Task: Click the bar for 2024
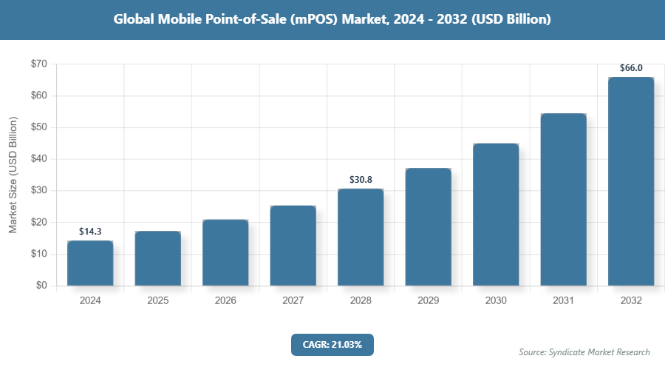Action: click(90, 263)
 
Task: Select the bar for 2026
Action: click(225, 253)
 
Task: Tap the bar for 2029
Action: click(428, 227)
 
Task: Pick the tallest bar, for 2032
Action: click(631, 181)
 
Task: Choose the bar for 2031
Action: click(563, 200)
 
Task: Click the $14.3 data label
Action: click(90, 232)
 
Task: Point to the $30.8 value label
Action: click(361, 180)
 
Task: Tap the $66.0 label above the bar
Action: click(631, 68)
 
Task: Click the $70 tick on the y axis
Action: click(38, 64)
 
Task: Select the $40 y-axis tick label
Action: click(38, 159)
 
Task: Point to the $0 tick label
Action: click(41, 286)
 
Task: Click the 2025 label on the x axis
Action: click(157, 301)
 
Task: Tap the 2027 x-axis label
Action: click(293, 301)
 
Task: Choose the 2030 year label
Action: click(496, 301)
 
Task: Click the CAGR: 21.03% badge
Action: click(332, 345)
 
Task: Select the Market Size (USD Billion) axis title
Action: click(13, 175)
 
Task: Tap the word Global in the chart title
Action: click(137, 20)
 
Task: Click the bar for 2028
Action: click(361, 238)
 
